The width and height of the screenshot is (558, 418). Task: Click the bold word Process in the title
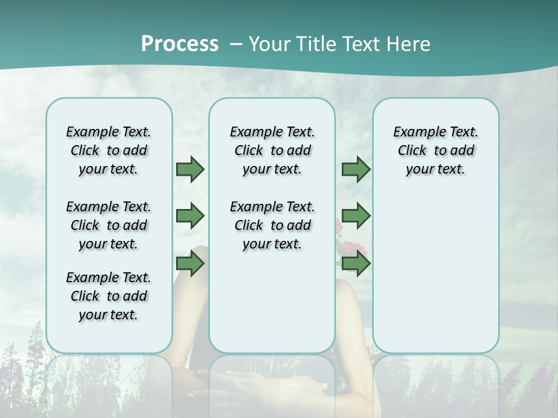(180, 44)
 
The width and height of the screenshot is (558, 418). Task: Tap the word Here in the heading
(409, 44)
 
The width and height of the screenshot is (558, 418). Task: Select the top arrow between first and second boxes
(190, 170)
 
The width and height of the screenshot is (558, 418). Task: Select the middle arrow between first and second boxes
(190, 217)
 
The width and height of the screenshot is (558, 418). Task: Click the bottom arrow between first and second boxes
(190, 264)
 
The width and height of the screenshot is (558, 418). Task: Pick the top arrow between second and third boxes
(356, 170)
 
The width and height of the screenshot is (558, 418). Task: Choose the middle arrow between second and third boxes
(356, 217)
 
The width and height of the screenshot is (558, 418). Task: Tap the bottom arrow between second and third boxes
(356, 264)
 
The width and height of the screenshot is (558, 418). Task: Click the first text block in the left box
(109, 150)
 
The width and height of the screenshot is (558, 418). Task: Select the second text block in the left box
(109, 225)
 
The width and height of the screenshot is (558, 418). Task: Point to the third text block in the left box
(109, 296)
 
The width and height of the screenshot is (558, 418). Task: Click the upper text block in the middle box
(272, 150)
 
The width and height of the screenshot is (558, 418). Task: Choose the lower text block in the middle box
(272, 225)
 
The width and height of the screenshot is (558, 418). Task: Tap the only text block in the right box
(435, 150)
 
